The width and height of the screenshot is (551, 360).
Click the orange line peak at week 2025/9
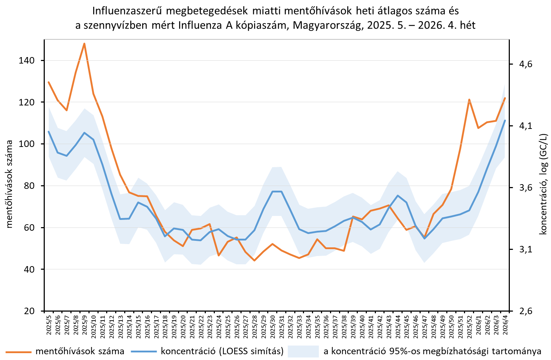pyautogui.click(x=84, y=44)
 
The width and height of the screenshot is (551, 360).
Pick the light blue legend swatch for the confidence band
pyautogui.click(x=303, y=351)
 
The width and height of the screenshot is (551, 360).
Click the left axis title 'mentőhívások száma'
pyautogui.click(x=10, y=184)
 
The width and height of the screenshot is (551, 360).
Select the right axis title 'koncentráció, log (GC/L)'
pyautogui.click(x=543, y=184)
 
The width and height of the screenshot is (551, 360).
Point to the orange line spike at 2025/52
pyautogui.click(x=469, y=99)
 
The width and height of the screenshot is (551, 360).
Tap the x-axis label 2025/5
pyautogui.click(x=49, y=326)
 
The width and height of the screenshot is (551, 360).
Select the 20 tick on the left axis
pyautogui.click(x=32, y=311)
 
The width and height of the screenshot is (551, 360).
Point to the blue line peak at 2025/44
pyautogui.click(x=398, y=195)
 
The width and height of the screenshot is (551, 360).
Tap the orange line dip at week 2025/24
pyautogui.click(x=219, y=255)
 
